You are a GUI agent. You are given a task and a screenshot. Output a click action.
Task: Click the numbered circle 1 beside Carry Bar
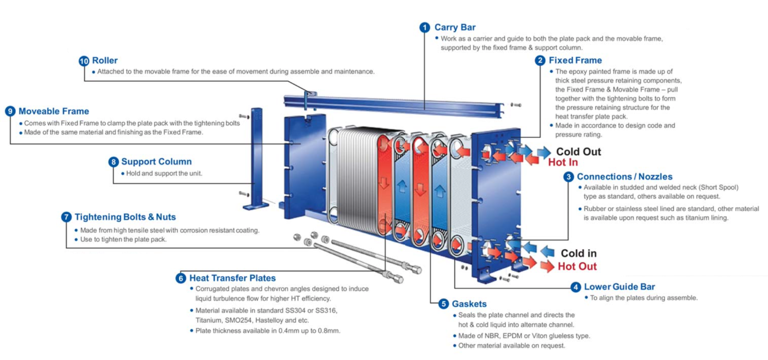424,28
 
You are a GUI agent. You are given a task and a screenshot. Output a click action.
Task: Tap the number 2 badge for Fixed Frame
540,60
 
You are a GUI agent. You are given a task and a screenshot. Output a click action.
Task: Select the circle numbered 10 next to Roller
84,61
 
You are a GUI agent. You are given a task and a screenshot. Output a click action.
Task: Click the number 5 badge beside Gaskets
443,304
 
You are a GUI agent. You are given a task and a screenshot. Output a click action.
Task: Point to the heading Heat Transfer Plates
232,278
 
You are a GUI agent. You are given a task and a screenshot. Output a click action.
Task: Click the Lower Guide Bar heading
619,287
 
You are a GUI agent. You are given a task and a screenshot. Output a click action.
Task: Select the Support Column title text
156,162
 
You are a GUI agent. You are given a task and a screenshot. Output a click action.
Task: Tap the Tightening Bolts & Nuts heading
125,217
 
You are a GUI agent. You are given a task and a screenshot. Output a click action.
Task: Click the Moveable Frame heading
54,111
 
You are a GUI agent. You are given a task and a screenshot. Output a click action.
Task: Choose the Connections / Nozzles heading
624,177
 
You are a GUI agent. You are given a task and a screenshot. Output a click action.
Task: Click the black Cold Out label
578,152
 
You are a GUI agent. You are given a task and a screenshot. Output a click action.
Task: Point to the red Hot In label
563,162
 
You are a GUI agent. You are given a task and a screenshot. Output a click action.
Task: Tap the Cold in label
578,253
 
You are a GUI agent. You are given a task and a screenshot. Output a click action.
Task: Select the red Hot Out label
577,266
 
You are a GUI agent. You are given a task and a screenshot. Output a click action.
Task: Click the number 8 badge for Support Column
114,162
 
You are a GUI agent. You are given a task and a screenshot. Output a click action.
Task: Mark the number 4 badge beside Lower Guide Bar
575,287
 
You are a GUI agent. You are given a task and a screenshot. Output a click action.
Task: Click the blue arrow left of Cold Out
544,152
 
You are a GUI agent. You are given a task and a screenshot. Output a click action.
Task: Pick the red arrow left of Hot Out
546,266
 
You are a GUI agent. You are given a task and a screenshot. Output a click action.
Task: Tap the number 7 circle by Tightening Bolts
66,217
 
